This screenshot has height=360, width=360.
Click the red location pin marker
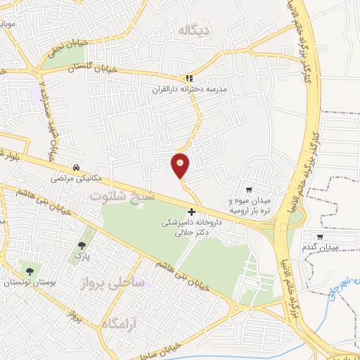(181, 165)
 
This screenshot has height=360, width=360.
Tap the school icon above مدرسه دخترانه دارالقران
(188, 78)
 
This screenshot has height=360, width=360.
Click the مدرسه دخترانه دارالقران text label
(190, 91)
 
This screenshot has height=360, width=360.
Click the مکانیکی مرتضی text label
(75, 179)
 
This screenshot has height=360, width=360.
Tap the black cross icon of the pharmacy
(192, 211)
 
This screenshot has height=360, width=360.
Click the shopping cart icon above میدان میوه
(249, 188)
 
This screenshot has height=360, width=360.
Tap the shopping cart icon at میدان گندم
(320, 236)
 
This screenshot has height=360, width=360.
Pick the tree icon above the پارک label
(82, 245)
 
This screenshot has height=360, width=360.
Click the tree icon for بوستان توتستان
(30, 270)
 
